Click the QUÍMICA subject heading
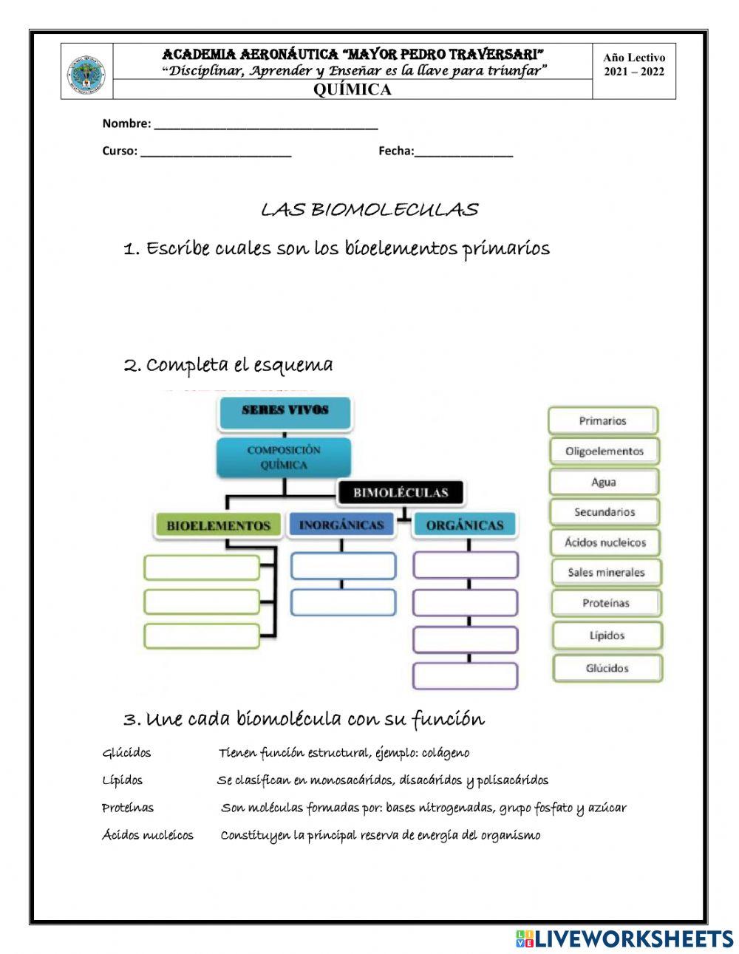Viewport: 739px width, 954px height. [x=352, y=90]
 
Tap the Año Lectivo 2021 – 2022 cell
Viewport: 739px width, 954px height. [x=633, y=65]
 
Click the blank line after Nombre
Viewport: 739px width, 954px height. [x=266, y=124]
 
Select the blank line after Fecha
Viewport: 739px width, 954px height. [x=463, y=151]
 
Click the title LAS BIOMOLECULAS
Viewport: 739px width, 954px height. [x=369, y=210]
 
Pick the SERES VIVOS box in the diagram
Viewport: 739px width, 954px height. [x=285, y=411]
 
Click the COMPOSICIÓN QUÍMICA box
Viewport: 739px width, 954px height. [x=284, y=457]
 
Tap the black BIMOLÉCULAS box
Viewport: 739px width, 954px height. [x=401, y=493]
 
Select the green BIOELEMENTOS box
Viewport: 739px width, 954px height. [x=218, y=526]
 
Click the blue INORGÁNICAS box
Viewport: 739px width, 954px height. [x=341, y=525]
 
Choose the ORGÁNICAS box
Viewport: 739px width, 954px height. [x=465, y=525]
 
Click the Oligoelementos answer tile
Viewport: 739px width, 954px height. [x=604, y=452]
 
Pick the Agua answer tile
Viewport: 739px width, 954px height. [x=603, y=482]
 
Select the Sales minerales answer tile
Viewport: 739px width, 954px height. [x=606, y=573]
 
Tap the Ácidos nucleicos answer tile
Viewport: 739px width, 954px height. [x=605, y=542]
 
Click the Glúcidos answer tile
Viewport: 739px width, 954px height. [x=607, y=668]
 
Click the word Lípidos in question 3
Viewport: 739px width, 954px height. [x=123, y=780]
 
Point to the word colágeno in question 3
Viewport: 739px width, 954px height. [x=445, y=753]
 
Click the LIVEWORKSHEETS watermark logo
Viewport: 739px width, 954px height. [x=624, y=938]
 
